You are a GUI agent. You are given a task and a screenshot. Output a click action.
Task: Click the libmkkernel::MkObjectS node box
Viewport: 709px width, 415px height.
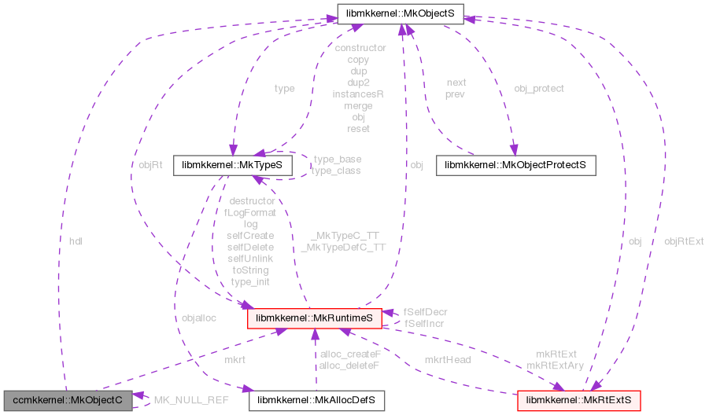tap(401, 13)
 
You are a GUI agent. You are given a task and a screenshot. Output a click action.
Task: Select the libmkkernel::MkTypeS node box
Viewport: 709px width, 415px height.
tap(233, 165)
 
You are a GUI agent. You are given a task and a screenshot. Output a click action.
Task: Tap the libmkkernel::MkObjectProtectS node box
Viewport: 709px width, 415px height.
tap(515, 165)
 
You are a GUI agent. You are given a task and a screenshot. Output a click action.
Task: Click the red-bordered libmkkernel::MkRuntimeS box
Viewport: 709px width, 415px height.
tap(315, 318)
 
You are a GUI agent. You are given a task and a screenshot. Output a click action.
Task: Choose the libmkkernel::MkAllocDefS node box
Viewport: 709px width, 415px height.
tap(316, 400)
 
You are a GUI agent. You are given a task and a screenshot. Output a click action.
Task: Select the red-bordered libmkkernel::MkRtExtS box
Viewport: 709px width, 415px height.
tap(578, 400)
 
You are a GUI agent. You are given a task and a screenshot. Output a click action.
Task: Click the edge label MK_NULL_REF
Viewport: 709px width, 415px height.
tap(191, 400)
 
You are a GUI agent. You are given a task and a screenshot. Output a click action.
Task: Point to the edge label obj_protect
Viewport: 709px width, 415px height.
tap(539, 88)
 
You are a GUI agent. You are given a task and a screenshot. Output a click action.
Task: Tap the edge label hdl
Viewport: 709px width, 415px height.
tap(76, 241)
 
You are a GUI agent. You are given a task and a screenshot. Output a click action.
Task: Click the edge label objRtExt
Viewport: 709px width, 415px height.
tap(684, 241)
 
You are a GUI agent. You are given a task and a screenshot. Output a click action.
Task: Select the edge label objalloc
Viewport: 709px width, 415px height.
tap(198, 318)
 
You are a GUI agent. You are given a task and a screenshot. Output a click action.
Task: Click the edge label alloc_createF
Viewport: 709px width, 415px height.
tap(350, 354)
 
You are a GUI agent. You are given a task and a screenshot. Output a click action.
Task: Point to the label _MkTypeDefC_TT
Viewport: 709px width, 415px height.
tap(343, 247)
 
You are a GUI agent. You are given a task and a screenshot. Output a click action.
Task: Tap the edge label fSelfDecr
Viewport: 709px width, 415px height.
tap(426, 312)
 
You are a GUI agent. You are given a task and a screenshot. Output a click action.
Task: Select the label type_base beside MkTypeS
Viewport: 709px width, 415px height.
tap(336, 160)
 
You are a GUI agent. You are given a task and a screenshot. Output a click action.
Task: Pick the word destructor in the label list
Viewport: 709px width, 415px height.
tap(250, 200)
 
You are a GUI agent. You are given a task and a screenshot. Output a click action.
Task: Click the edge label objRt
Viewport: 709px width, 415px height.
tap(150, 165)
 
